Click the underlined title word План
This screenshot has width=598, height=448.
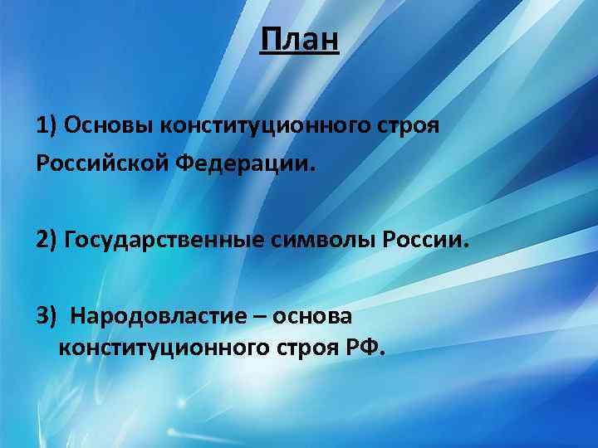[299, 40]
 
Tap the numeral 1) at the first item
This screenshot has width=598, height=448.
[46, 126]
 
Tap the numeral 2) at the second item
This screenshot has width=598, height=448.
[47, 241]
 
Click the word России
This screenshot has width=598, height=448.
[423, 241]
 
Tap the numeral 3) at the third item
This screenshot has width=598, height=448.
[47, 316]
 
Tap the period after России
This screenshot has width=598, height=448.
[466, 246]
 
